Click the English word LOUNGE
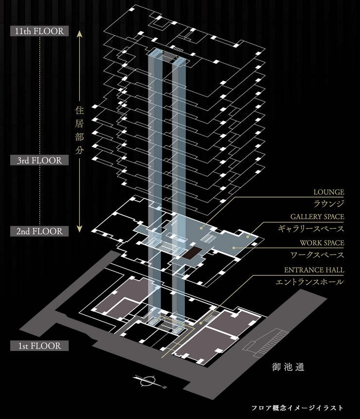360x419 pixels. point(328,192)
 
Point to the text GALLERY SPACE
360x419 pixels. point(317,217)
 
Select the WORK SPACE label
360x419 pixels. point(322,243)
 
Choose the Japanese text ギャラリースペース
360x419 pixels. point(317,229)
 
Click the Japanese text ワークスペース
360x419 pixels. point(322,255)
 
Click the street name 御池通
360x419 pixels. point(288,367)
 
